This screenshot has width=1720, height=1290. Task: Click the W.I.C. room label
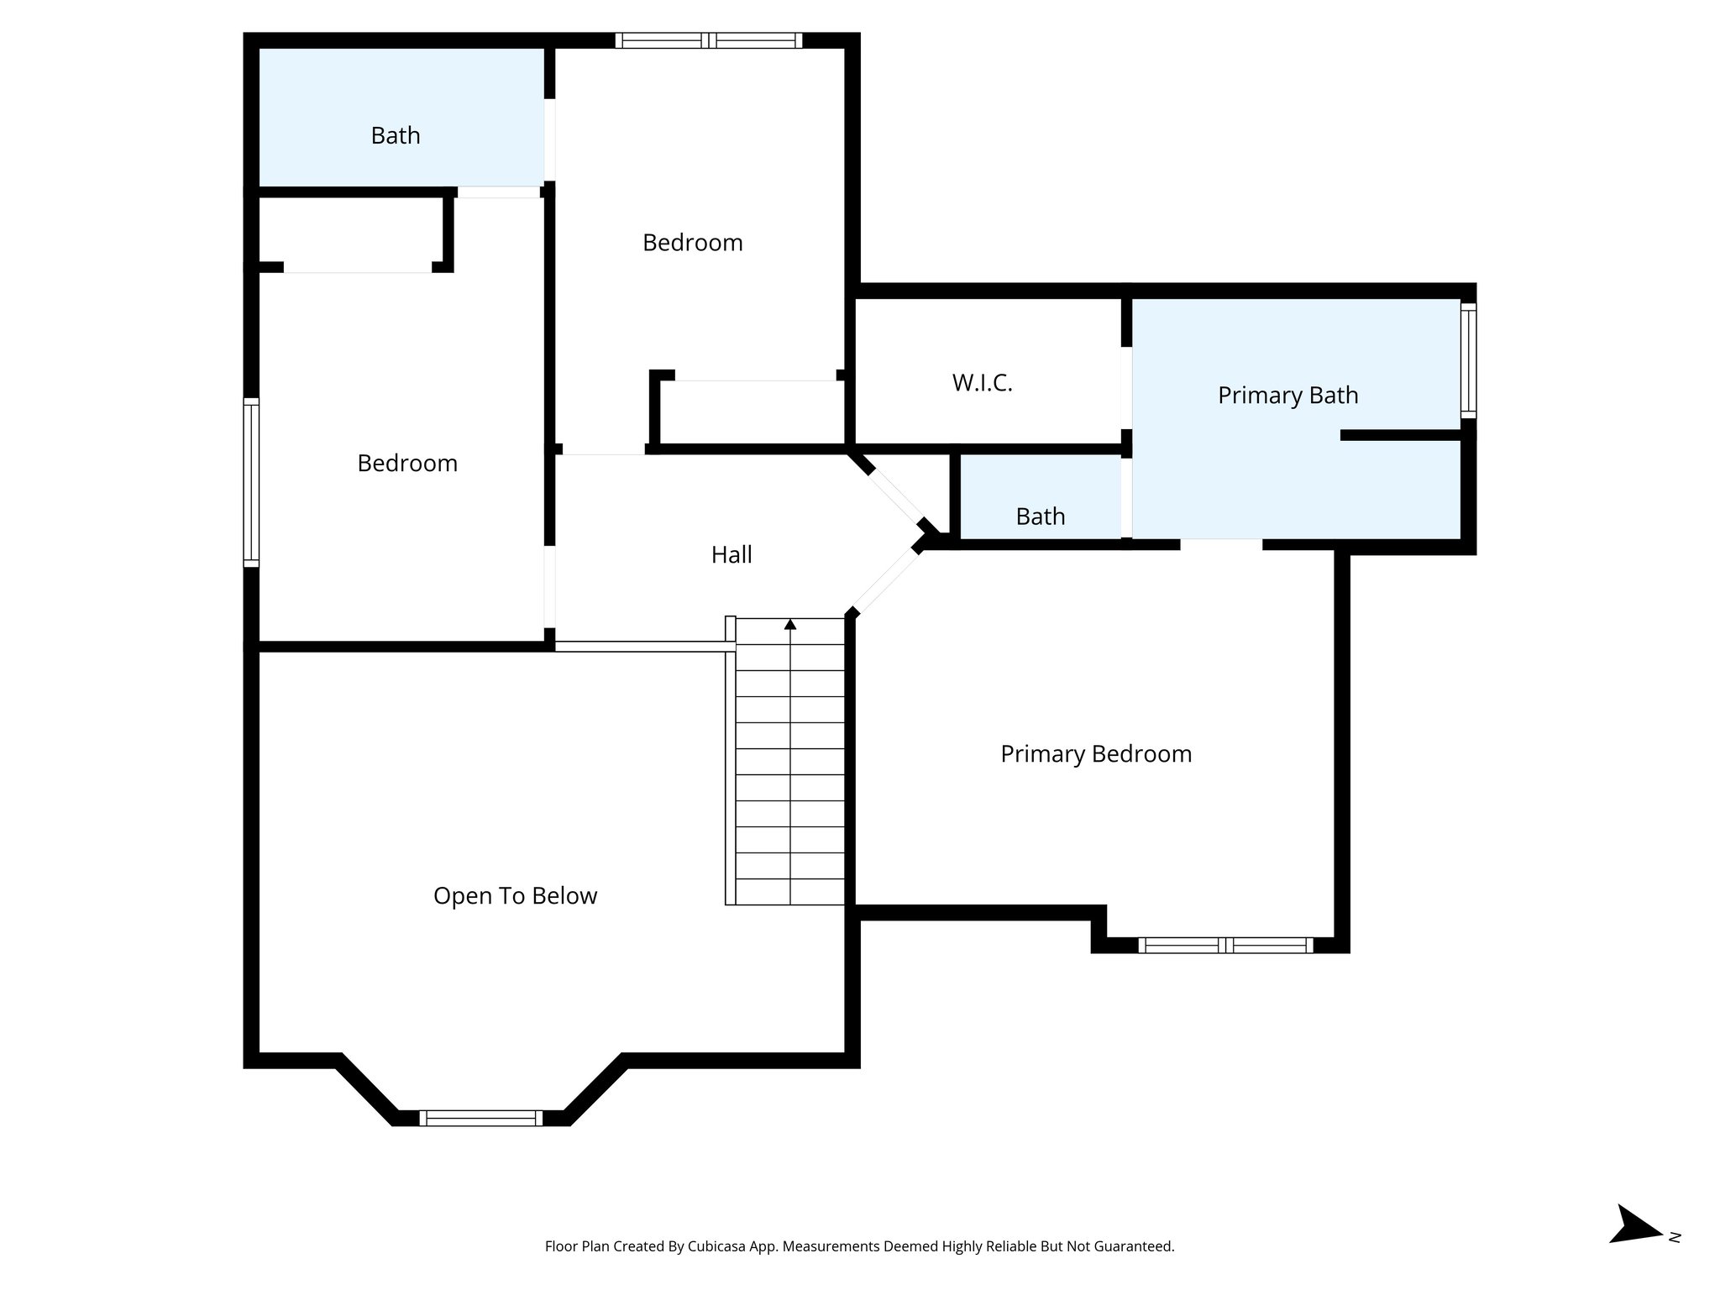[982, 383]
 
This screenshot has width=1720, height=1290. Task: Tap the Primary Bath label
[1287, 395]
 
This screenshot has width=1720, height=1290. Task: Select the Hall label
[731, 554]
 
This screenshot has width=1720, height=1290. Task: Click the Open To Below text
[515, 895]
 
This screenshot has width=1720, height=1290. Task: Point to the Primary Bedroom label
[1095, 753]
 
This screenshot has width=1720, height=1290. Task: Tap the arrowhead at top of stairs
[789, 624]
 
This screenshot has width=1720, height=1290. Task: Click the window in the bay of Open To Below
[481, 1118]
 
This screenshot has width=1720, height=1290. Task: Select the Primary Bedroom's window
[1225, 945]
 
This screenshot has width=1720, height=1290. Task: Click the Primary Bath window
[1468, 361]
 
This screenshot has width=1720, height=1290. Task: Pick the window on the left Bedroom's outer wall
[251, 482]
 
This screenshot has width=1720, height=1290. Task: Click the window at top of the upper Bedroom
[708, 40]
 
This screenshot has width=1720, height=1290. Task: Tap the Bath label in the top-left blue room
[396, 135]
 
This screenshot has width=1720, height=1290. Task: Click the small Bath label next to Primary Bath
[1040, 516]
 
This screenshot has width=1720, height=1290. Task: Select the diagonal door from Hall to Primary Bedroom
[884, 580]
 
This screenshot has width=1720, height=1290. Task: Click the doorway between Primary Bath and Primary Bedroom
[1221, 544]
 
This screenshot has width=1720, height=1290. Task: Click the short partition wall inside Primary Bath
[1401, 435]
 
